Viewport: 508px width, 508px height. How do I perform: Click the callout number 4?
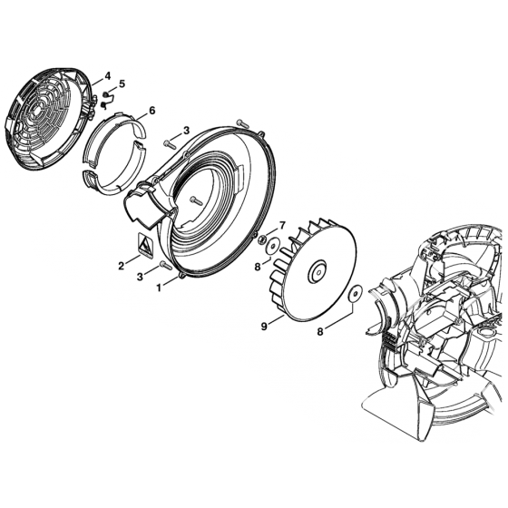(x=108, y=75)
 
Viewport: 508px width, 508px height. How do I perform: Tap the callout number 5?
(x=122, y=84)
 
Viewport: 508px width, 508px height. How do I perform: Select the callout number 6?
(x=151, y=110)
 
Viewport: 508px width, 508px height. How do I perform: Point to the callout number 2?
(x=121, y=266)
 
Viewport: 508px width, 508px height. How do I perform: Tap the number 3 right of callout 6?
(x=186, y=132)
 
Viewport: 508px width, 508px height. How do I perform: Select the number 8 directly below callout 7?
(x=258, y=267)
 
